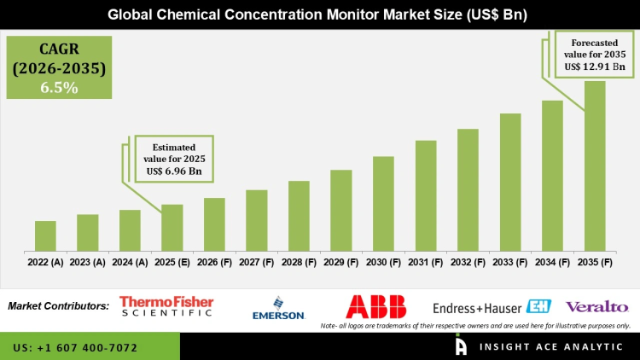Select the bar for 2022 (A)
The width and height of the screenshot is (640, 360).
[x=45, y=236]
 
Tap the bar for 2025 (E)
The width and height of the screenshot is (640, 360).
[x=172, y=228]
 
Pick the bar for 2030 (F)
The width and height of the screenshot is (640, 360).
[x=383, y=204]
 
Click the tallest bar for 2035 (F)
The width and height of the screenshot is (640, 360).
[x=595, y=166]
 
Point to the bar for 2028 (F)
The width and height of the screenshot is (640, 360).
[x=299, y=216]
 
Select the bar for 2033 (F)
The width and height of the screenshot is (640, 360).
[x=510, y=183]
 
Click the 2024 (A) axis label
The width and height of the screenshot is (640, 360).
[x=130, y=263]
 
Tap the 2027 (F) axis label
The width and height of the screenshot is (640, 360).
[x=257, y=263]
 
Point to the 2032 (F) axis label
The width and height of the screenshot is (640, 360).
[x=468, y=263]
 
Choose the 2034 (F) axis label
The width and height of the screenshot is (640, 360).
[x=552, y=263]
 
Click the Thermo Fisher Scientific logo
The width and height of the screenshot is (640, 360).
[x=166, y=306]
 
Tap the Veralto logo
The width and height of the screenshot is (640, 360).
[x=596, y=306]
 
